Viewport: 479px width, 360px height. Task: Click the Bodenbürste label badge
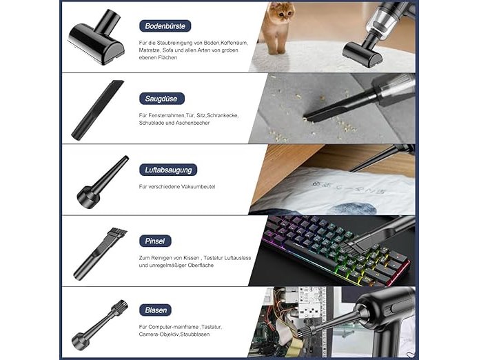pos(165,26)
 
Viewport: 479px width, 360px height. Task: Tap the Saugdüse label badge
pos(161,99)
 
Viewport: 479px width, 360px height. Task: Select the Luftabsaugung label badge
pos(168,170)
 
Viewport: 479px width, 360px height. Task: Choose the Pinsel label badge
pos(155,241)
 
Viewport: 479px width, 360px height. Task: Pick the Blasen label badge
pos(155,310)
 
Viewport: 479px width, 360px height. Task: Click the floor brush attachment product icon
pos(96,38)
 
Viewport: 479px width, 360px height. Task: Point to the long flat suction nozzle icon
pos(97,110)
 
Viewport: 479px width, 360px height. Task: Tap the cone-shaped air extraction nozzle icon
pos(102,182)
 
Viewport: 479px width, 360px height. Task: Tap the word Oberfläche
pos(201,266)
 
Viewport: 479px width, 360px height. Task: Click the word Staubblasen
pos(194,334)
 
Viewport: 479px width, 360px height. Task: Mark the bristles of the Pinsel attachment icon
pos(118,234)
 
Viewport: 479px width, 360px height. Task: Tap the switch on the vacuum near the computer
pos(393,308)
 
